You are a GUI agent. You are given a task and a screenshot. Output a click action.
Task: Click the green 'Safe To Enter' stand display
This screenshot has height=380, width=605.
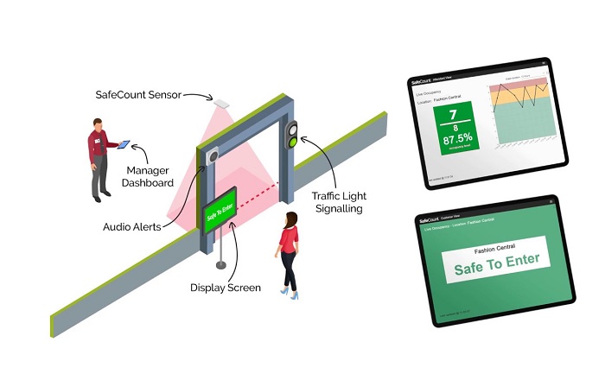220,212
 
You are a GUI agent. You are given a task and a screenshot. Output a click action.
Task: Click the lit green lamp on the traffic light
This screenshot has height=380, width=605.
293,142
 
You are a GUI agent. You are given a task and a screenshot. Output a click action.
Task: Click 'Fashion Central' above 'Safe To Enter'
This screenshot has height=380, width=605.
492,245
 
